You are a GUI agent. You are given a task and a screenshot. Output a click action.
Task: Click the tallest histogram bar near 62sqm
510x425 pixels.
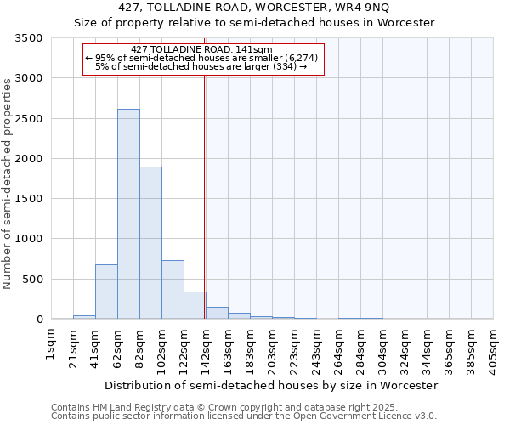coord(128,214)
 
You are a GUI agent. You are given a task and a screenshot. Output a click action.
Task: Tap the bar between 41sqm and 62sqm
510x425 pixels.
coord(106,292)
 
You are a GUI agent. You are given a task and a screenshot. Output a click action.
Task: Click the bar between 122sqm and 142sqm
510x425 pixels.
coord(195,305)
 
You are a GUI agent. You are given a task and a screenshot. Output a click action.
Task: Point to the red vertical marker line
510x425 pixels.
coord(205,195)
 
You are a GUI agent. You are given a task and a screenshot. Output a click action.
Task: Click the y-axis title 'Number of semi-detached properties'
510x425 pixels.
coord(8,184)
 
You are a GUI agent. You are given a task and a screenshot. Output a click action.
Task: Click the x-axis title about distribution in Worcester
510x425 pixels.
coord(273,385)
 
